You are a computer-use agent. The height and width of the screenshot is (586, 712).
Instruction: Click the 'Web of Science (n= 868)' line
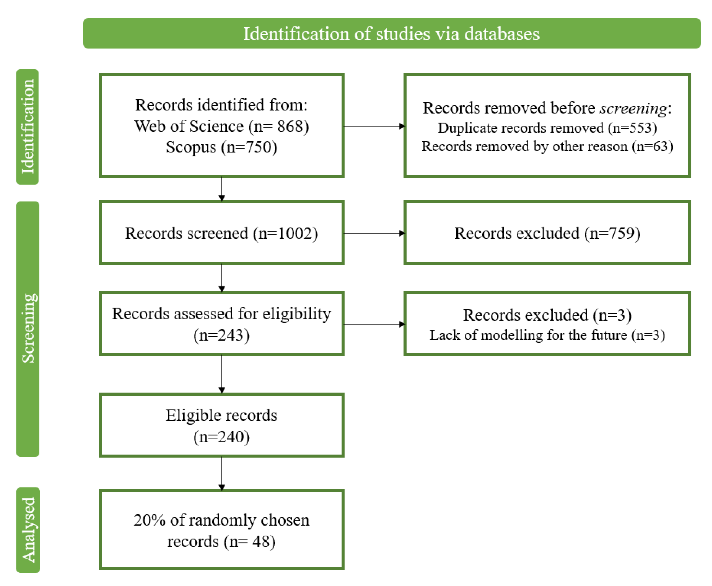tap(222, 126)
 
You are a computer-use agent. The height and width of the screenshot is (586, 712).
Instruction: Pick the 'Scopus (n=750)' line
tap(222, 147)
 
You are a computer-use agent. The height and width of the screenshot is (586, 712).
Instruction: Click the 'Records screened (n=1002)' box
tap(222, 233)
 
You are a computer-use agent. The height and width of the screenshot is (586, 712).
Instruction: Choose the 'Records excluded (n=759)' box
tap(547, 233)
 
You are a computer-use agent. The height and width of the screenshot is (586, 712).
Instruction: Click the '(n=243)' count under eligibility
tap(222, 335)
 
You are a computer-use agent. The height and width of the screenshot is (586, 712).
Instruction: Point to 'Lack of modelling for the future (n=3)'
tap(547, 335)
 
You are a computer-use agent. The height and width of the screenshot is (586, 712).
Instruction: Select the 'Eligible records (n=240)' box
tap(222, 425)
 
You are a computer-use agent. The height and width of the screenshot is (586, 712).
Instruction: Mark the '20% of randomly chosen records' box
tap(222, 530)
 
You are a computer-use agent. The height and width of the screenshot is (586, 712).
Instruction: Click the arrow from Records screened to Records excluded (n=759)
tap(374, 233)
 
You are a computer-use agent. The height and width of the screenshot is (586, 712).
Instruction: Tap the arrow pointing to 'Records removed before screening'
tap(374, 126)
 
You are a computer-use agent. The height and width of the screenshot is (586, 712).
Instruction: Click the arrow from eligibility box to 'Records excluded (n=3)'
tap(374, 324)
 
